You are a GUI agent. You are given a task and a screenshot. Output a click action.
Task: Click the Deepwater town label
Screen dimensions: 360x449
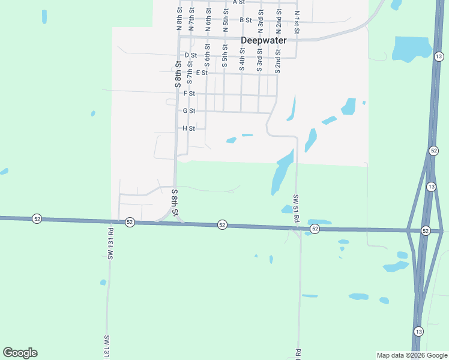tap(264, 41)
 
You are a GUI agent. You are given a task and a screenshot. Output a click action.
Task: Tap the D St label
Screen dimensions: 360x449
tap(191, 55)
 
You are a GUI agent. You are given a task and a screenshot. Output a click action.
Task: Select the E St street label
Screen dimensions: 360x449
tap(202, 73)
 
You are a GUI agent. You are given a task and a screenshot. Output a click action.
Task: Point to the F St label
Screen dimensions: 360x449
tap(189, 94)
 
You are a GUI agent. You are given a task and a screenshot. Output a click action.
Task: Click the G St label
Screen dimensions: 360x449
tap(189, 111)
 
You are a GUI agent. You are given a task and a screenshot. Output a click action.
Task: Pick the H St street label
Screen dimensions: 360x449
tap(189, 128)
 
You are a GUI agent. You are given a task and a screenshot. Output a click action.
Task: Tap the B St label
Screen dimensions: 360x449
tap(245, 20)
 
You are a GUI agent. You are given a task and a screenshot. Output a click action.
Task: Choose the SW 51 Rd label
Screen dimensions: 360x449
tap(296, 209)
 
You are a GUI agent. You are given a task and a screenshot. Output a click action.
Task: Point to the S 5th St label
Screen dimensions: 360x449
tap(224, 56)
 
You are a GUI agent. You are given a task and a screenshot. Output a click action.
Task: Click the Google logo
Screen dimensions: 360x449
tap(20, 353)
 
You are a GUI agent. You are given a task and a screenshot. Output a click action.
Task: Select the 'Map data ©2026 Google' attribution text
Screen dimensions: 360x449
tap(412, 355)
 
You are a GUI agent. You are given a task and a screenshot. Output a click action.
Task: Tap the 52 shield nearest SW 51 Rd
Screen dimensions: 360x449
tap(315, 229)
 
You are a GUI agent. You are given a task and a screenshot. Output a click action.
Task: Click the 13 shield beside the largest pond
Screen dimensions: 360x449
tap(439, 56)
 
